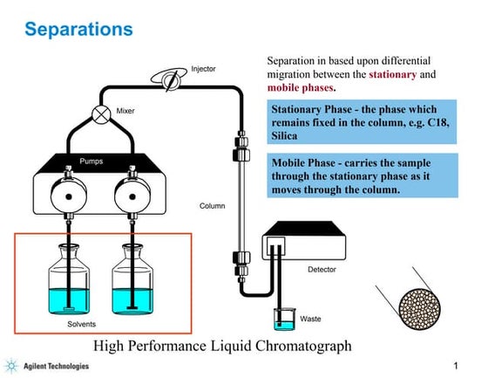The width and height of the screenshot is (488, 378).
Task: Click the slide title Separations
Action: (x=79, y=30)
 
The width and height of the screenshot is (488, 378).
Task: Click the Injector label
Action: (x=203, y=69)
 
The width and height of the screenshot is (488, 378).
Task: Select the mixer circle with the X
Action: (x=101, y=113)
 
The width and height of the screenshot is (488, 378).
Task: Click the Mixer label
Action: (x=125, y=111)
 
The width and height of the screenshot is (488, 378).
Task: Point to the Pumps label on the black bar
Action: (x=92, y=162)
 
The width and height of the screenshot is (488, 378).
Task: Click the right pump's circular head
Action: (x=132, y=191)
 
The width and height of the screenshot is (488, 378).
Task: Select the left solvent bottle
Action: (x=67, y=281)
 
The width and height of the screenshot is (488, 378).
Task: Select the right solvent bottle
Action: (x=133, y=281)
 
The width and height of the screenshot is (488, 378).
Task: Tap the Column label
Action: (x=213, y=207)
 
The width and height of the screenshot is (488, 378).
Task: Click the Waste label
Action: (x=310, y=320)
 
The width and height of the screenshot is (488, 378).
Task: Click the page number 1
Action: (x=456, y=364)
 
